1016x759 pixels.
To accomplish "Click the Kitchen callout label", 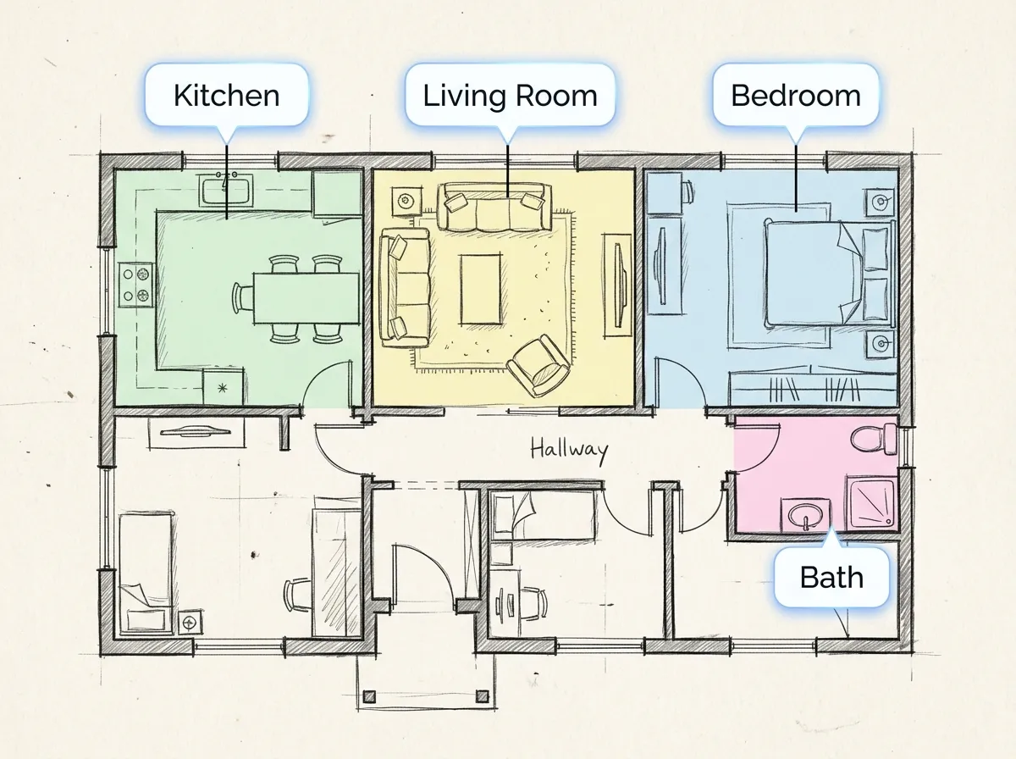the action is coord(226,95).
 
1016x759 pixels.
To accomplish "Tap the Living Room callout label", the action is coord(510,95).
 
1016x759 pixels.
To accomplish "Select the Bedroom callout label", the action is coord(796,95).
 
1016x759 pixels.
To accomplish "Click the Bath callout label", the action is coord(831,578).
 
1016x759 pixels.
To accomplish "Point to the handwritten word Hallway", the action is coord(569,451).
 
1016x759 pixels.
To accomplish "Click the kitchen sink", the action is coord(226,191).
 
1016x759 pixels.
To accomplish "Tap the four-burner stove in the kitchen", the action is coord(136,285).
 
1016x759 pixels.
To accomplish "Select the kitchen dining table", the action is coord(306,298).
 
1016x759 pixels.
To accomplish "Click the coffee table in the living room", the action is coord(480,289).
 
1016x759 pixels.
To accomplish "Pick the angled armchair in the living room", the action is coord(539,366).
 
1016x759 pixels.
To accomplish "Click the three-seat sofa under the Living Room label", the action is coord(494,207).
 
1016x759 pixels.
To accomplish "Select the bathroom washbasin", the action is coord(806,515).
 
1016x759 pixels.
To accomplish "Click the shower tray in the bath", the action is coord(871,504).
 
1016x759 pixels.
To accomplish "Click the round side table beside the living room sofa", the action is coord(406,201).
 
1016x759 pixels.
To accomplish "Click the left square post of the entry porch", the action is coord(369,696).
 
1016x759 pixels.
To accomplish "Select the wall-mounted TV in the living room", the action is coord(617,285).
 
